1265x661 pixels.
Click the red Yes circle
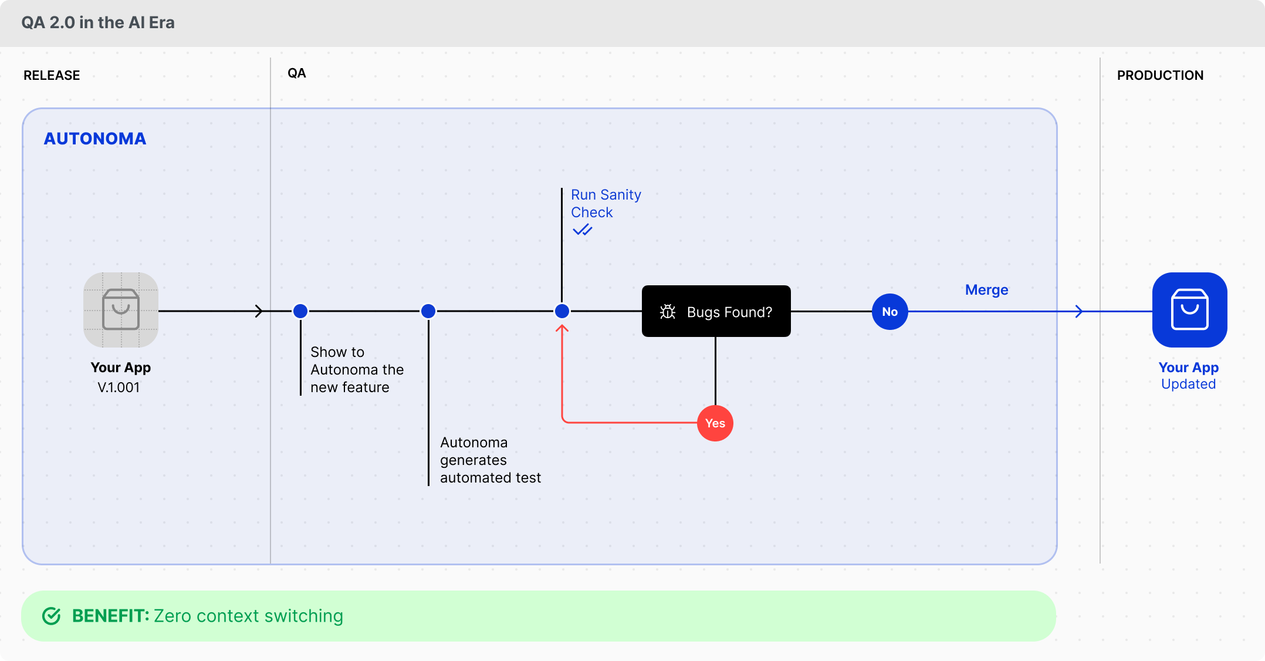coord(715,423)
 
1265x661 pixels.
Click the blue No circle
coord(889,312)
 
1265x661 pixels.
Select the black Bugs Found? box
coord(716,311)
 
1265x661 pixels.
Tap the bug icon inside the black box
coord(668,312)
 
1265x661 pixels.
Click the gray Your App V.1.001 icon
coord(121,310)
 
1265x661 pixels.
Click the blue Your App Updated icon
coord(1189,310)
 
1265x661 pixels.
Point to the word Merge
coord(986,290)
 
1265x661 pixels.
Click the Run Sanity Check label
coord(605,203)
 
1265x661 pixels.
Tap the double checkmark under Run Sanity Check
coord(582,230)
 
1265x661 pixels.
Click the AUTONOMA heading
coord(95,139)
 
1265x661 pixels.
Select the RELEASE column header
coord(52,75)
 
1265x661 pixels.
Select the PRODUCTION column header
coord(1159,75)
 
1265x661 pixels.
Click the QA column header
coord(296,73)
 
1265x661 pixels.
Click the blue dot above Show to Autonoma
coord(300,311)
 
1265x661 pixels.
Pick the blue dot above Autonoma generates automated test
coord(428,311)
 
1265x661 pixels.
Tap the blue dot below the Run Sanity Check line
coord(562,311)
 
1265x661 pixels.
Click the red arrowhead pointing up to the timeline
coord(562,329)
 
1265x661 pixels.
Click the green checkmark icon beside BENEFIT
coord(52,616)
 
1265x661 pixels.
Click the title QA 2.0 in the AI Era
coord(98,22)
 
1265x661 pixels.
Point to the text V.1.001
coord(119,387)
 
